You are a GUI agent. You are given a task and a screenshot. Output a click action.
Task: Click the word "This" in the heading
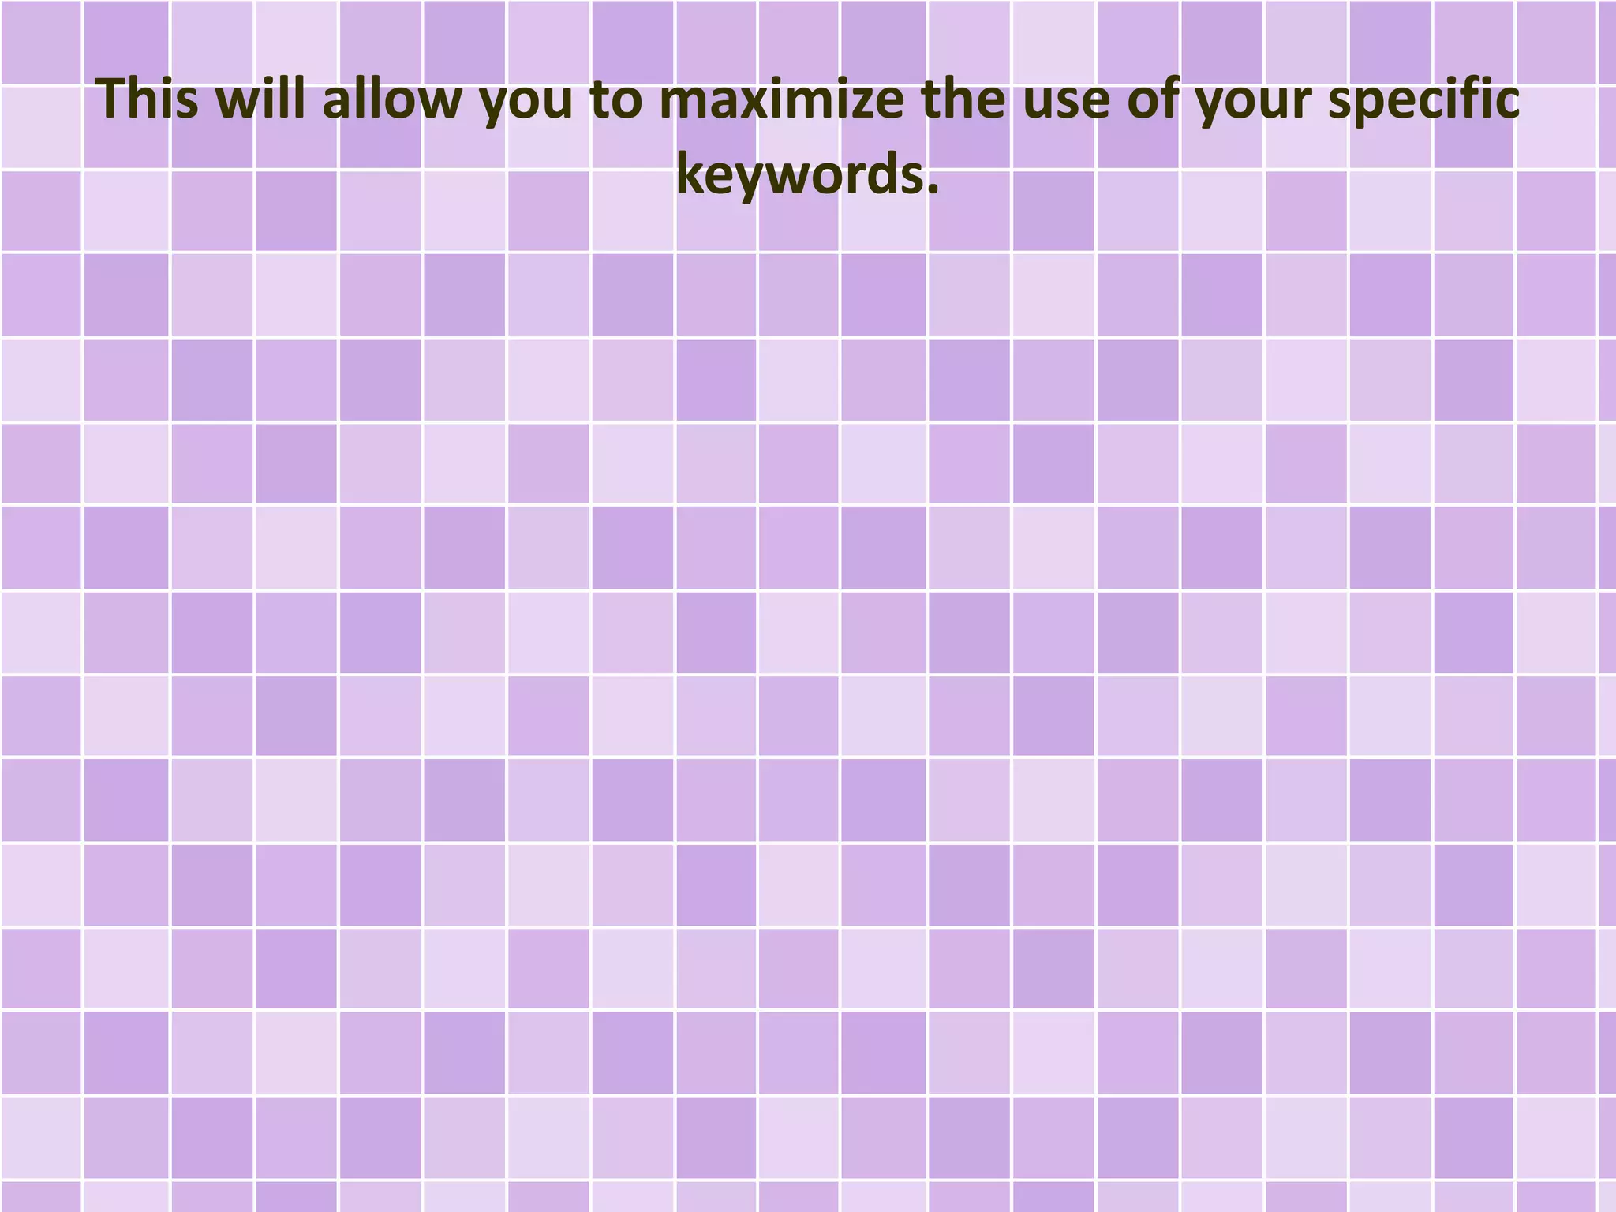(148, 100)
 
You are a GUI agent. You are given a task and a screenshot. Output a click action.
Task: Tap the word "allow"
(391, 100)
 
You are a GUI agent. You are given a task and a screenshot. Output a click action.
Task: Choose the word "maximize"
(782, 100)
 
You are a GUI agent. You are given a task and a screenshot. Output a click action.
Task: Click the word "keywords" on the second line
(799, 174)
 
